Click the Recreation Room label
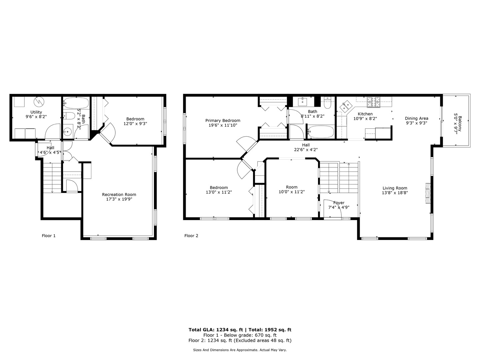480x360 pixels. tap(119, 195)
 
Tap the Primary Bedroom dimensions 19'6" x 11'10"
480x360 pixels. tap(222, 125)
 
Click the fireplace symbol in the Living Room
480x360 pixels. tap(427, 193)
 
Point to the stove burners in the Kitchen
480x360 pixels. tap(374, 102)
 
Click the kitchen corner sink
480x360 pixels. tap(346, 107)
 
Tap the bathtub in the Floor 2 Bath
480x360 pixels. tap(320, 132)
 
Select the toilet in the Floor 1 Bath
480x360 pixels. tap(69, 116)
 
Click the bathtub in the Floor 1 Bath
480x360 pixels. tap(76, 102)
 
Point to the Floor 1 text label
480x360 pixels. tap(49, 236)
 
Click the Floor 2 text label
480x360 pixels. tap(191, 236)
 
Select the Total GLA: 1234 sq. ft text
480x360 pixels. tap(215, 330)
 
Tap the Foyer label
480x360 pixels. tap(339, 203)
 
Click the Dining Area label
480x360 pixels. tap(416, 118)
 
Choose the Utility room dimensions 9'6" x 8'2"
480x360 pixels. tap(36, 117)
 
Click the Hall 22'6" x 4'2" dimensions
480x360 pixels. tap(306, 150)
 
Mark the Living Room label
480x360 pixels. tap(395, 188)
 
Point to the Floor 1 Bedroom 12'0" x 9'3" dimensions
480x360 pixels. tap(135, 123)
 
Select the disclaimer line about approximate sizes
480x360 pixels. tap(240, 350)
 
